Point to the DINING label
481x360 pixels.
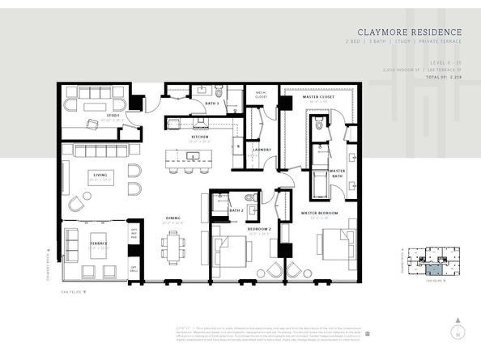pos(172,217)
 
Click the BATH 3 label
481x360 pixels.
pos(211,104)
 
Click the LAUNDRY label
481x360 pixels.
pos(262,149)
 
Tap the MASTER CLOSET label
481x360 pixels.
pos(317,97)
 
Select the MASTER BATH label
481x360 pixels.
pos(338,172)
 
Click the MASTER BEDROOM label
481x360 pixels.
pos(318,213)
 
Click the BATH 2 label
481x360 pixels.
pos(236,210)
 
